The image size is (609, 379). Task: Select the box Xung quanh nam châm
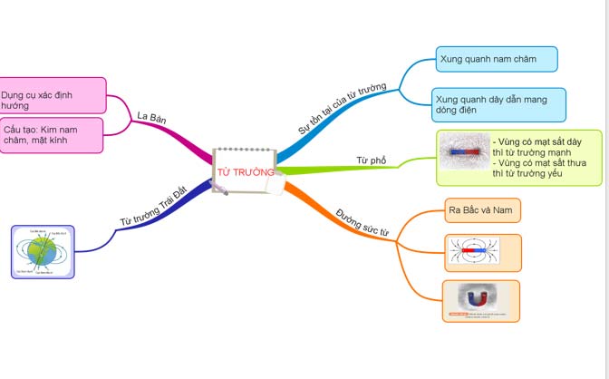[x=496, y=60]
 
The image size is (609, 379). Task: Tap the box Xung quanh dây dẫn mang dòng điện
[x=499, y=104]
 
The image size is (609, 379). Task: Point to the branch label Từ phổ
[x=371, y=161]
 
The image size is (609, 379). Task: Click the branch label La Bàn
[x=152, y=117]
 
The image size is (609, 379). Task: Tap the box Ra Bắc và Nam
[x=481, y=210]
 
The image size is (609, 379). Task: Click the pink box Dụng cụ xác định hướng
[x=53, y=96]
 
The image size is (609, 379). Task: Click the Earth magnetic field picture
[x=43, y=251]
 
